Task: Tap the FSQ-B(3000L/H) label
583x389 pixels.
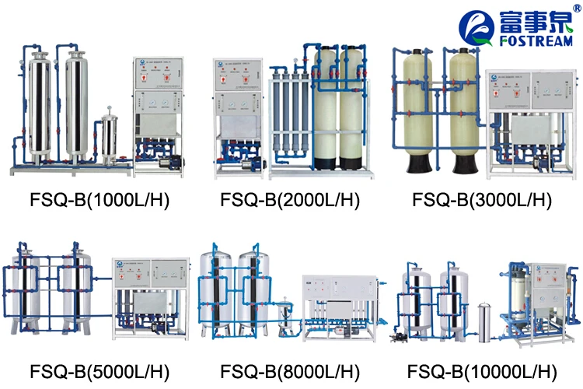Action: click(482, 201)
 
